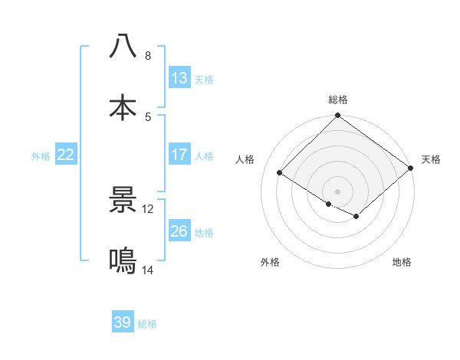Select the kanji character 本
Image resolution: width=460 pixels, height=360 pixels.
coord(123,107)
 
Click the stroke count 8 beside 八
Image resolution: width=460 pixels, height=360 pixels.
coord(148,56)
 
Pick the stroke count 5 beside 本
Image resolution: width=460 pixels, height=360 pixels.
coord(148,116)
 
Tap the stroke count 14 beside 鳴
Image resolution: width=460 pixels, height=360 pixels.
coord(148,270)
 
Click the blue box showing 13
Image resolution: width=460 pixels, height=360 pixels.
coord(179,77)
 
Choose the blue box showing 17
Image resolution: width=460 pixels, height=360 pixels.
coord(179,154)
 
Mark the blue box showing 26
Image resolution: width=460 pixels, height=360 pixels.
coord(179,231)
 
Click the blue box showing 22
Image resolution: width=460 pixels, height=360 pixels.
coord(66,154)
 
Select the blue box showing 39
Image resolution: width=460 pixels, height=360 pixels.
coord(123,322)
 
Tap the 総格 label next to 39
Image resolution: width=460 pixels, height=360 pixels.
coord(147,324)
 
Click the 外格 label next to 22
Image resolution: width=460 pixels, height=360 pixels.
coord(41,155)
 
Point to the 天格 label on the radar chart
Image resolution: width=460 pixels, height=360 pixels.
coord(431,159)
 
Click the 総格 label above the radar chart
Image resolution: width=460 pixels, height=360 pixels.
coord(338,100)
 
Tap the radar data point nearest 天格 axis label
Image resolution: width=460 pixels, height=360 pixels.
coord(411,169)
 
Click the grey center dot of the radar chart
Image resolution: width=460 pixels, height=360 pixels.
coord(338,191)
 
